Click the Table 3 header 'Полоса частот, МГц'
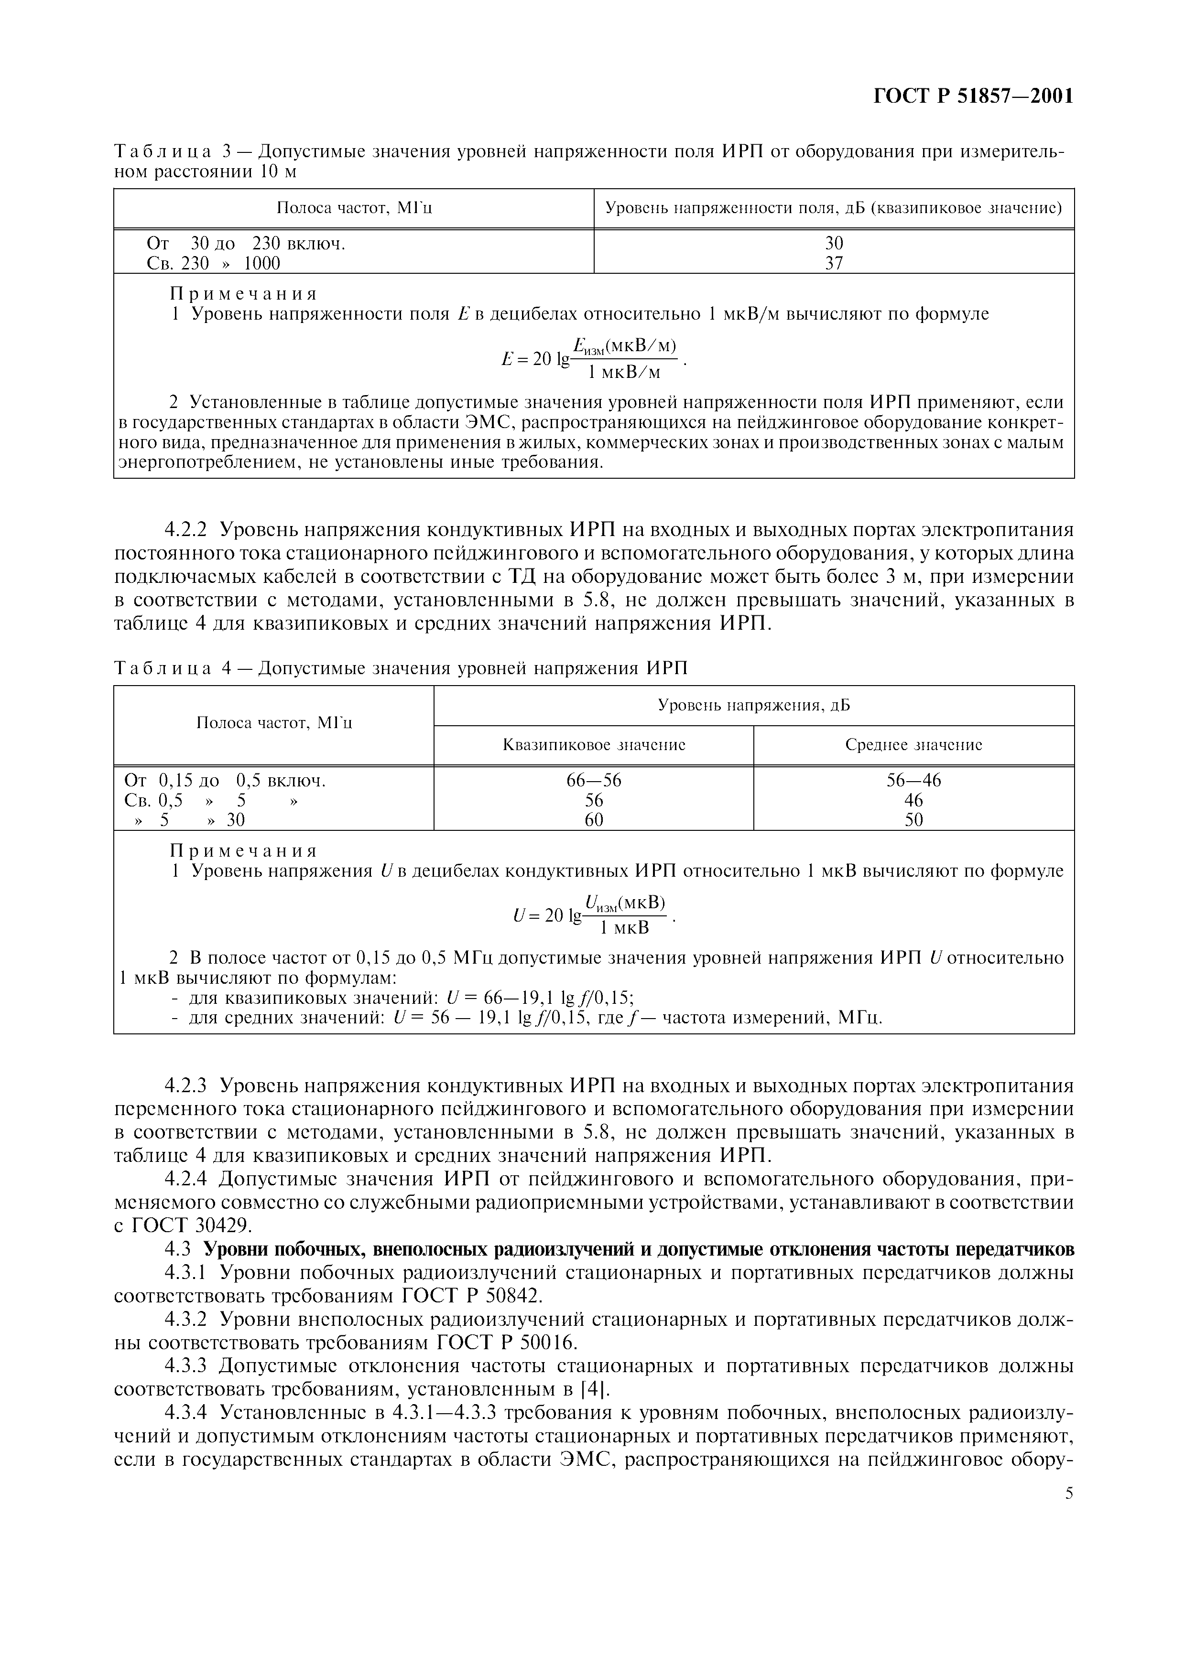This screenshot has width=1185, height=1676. [354, 208]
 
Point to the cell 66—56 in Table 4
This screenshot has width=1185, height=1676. [594, 780]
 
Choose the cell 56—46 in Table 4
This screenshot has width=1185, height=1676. [913, 780]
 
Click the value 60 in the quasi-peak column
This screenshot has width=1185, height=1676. [594, 820]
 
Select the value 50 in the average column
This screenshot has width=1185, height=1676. [913, 820]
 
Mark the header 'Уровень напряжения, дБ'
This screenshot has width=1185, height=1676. [753, 705]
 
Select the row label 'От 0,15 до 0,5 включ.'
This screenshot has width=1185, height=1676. [225, 780]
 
